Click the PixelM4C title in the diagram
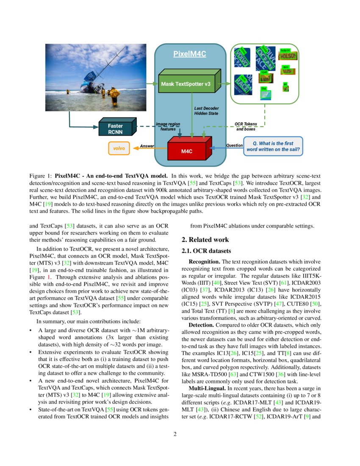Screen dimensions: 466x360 [189, 54]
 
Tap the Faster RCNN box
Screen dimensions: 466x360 [115, 128]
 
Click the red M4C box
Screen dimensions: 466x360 [187, 150]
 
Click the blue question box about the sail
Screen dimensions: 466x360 [273, 146]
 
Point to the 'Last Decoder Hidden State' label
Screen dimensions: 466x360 [206, 111]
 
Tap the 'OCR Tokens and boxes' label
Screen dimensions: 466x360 [246, 126]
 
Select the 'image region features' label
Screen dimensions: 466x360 [168, 126]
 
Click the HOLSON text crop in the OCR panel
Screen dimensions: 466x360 [288, 55]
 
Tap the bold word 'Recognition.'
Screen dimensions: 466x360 [204, 262]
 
